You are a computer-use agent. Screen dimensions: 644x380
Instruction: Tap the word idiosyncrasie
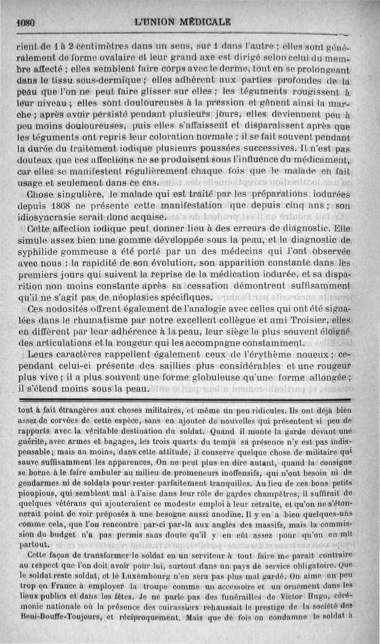click(x=50, y=217)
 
